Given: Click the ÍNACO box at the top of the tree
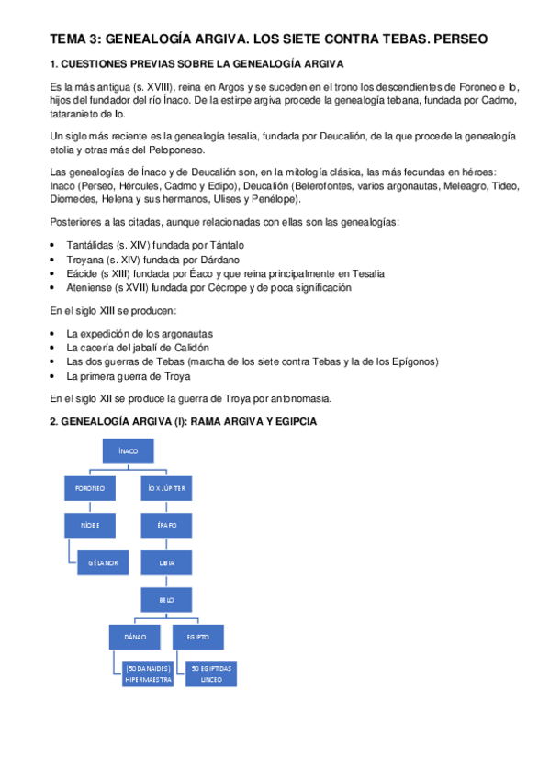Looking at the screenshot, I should point(128,451).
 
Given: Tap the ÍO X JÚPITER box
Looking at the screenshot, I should point(167,489).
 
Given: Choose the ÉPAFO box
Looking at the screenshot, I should point(167,526).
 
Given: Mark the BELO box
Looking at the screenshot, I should point(167,599).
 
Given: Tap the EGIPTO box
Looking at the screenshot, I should point(198,636).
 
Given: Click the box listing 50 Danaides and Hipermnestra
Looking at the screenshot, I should point(148,673).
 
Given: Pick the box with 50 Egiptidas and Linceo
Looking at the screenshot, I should point(211,673).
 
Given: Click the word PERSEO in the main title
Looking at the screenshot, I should point(457,39).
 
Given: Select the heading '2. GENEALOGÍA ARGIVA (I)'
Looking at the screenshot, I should point(184,421).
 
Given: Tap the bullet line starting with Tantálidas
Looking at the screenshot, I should point(156,246).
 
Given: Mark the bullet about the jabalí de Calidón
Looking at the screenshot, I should point(139,348).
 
